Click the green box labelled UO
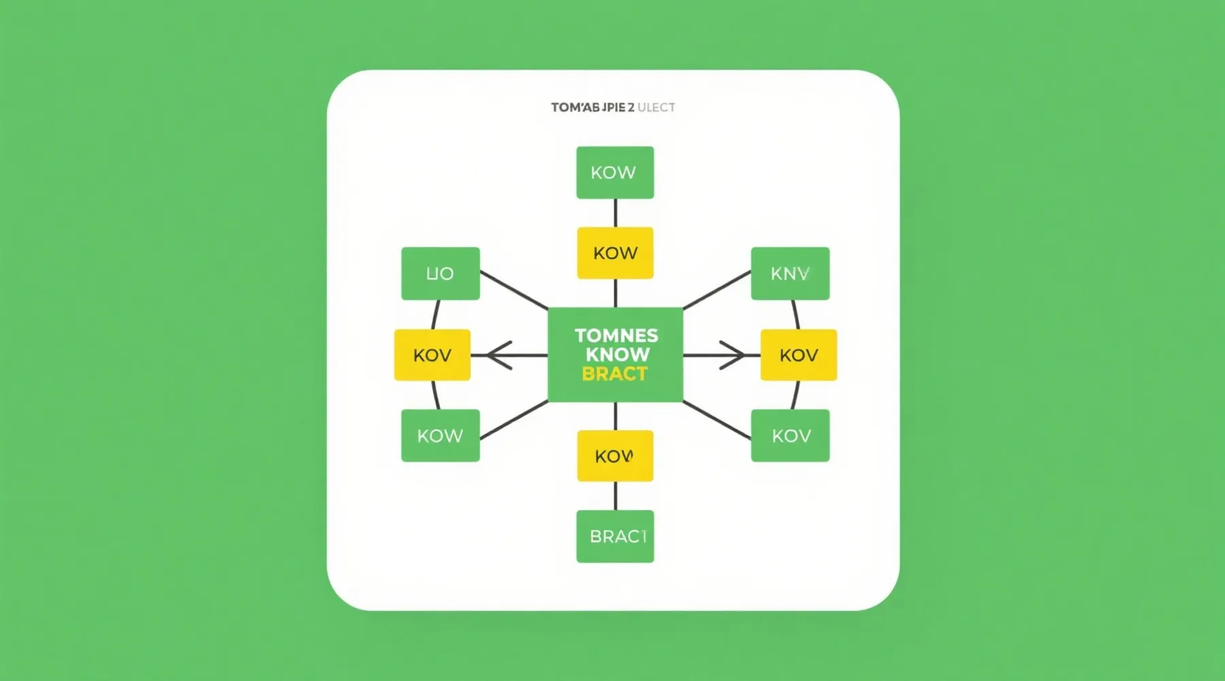(440, 273)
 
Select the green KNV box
(790, 273)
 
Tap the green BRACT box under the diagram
(615, 537)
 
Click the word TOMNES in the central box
(616, 335)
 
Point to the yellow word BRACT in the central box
(615, 374)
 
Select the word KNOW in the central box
(617, 354)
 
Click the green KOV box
(790, 435)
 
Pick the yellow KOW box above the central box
(615, 253)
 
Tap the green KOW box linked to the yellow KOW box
(615, 172)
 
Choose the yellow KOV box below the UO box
(432, 355)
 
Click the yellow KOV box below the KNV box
(798, 355)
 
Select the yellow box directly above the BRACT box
(615, 456)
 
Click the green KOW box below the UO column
(440, 435)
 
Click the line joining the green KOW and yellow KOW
(615, 212)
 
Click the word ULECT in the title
(656, 108)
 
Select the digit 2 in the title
(631, 108)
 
